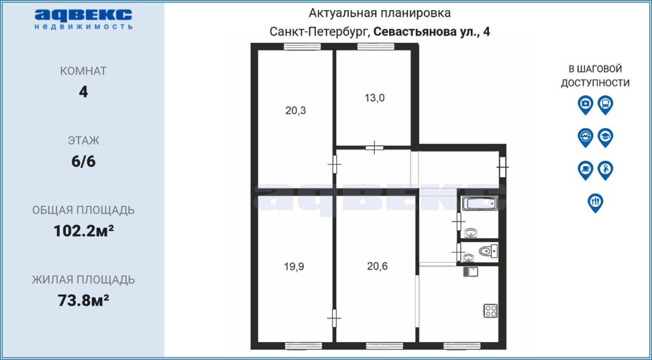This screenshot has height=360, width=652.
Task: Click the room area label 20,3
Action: point(295,110)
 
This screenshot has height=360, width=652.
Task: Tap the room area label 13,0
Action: point(374,98)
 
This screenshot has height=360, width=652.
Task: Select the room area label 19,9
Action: point(294,266)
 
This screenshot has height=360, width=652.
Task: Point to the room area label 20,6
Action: point(377,266)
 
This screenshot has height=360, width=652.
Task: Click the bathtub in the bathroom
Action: point(480,204)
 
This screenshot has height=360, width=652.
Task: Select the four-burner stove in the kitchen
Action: point(491,311)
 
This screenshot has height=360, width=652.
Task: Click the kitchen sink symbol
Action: point(470,272)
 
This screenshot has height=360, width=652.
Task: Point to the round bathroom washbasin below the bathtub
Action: point(471,233)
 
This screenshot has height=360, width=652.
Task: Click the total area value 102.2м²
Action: point(84,231)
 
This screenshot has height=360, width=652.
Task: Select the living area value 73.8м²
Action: point(83,300)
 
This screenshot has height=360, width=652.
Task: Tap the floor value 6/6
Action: point(84,161)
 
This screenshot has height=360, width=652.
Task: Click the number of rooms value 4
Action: point(83,92)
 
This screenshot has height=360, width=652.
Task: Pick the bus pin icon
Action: point(606,105)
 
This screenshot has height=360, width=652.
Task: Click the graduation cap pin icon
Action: point(606,137)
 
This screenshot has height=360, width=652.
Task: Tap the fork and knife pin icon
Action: point(595,203)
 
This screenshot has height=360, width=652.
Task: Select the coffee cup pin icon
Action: point(585,170)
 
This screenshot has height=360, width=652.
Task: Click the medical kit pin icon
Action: point(585,105)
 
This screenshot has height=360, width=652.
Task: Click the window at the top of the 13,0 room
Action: point(376,46)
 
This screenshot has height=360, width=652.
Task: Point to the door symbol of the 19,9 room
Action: point(334,318)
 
